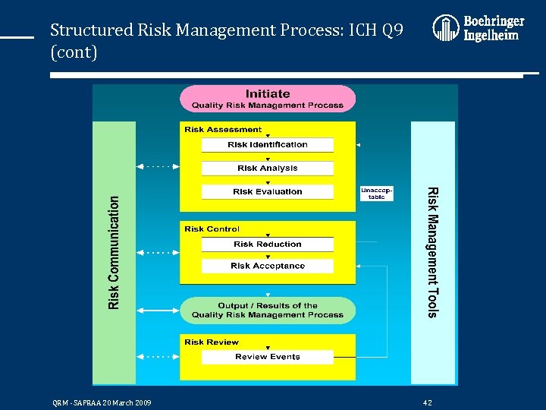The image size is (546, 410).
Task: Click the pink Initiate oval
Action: tap(268, 99)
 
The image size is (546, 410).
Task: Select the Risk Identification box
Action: tap(268, 144)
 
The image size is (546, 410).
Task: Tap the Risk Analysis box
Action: tap(268, 168)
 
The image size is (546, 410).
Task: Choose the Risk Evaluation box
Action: tap(268, 191)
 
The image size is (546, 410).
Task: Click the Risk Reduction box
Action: tap(268, 244)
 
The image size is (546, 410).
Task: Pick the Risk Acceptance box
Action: tap(268, 266)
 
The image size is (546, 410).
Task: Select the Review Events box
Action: tap(268, 356)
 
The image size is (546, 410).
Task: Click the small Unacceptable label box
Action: tap(377, 193)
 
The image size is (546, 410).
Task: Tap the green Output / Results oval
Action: tap(268, 310)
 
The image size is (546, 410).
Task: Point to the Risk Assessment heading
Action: tap(223, 129)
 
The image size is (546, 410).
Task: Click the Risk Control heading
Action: tap(212, 229)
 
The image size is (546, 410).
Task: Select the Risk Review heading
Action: tap(212, 342)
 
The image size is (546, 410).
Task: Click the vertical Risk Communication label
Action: tap(114, 253)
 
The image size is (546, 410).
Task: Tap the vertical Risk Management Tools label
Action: tap(432, 251)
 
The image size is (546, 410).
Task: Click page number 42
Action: tap(428, 402)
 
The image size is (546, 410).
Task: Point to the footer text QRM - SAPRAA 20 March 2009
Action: tap(101, 402)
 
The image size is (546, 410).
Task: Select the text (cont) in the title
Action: tap(74, 53)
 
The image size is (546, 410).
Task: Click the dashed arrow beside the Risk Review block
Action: tap(158, 356)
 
